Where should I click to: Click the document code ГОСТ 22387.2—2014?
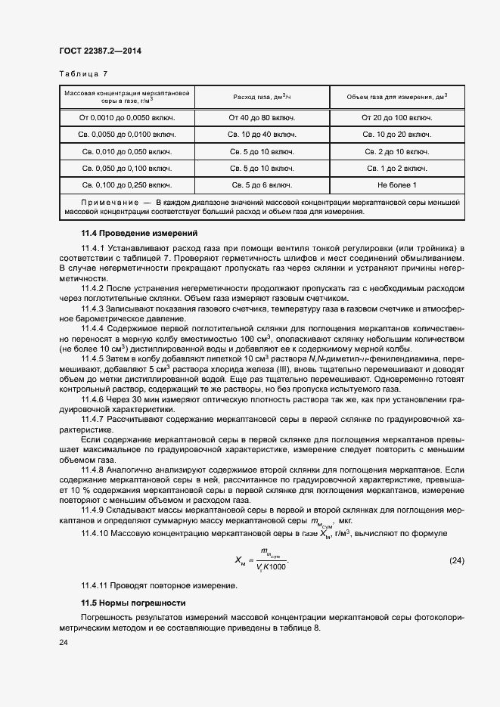pos(100,51)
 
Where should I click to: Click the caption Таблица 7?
pos(83,74)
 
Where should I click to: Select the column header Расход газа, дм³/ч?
pos(261,98)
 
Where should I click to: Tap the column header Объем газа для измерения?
pos(396,98)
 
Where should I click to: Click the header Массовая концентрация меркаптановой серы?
pos(127,97)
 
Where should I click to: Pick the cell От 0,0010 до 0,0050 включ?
pos(127,118)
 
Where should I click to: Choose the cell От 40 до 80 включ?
pos(261,118)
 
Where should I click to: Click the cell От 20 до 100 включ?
pos(396,118)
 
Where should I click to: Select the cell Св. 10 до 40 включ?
pos(261,135)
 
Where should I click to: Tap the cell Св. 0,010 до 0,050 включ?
pos(127,151)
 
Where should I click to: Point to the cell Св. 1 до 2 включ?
pos(396,168)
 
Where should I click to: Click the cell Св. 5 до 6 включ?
pos(261,185)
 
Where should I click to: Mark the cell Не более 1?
pos(396,185)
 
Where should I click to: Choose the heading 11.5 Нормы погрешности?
pos(133,603)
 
